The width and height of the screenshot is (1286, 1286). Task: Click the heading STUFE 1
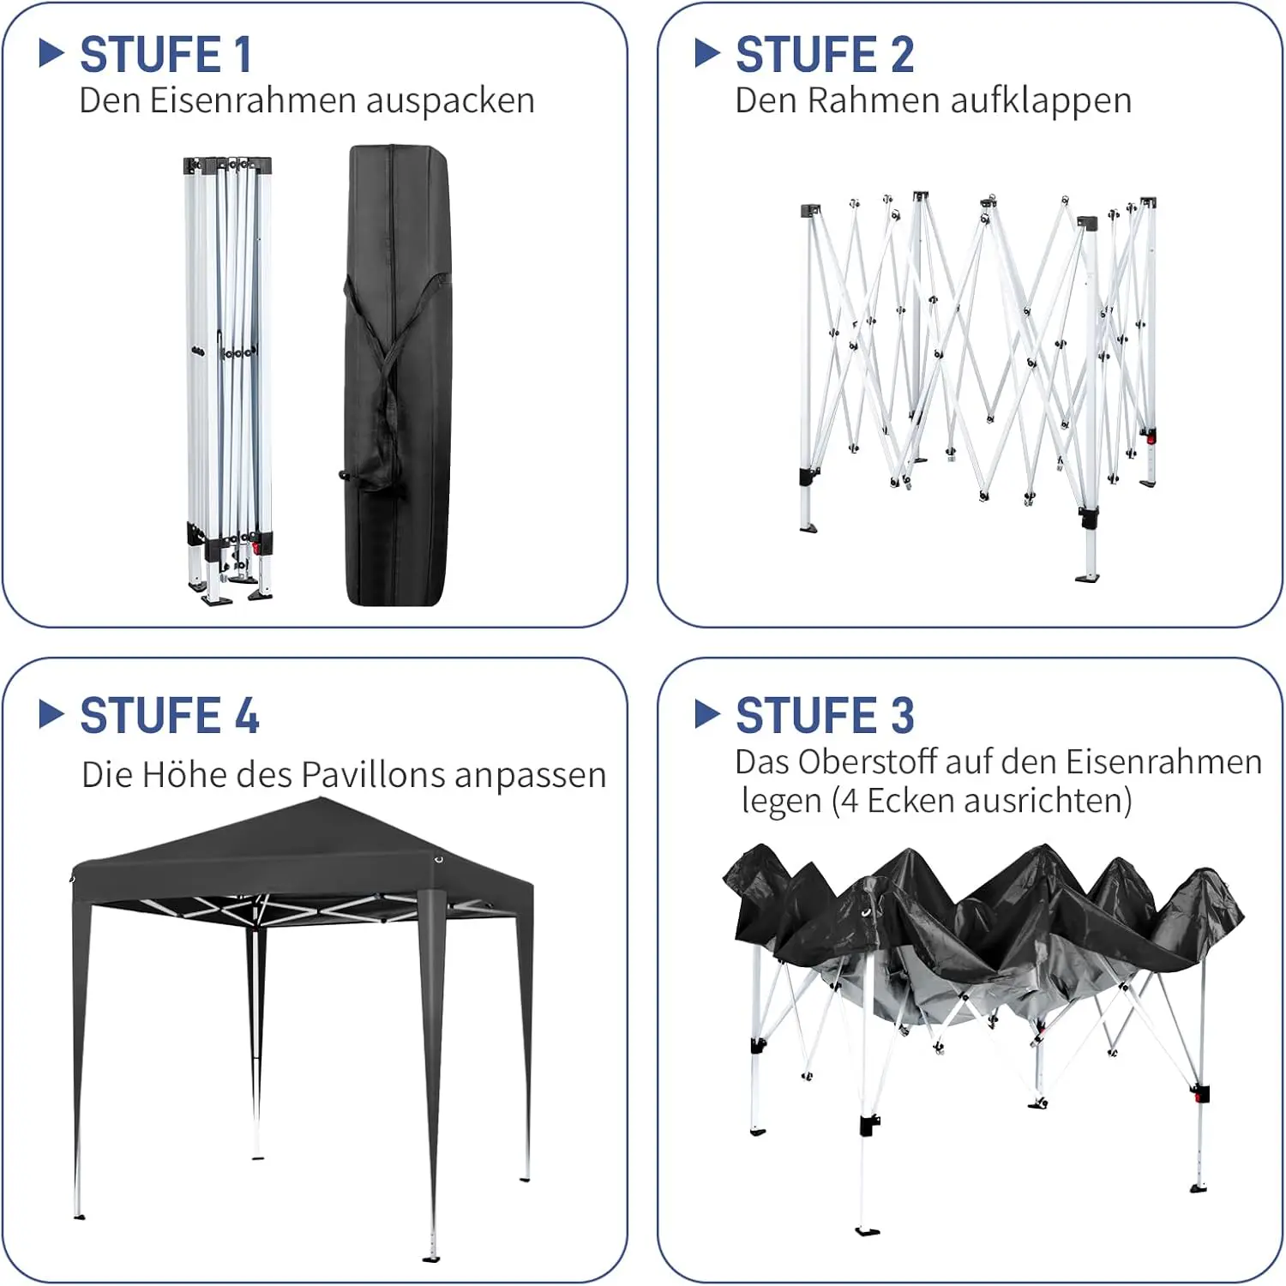(166, 55)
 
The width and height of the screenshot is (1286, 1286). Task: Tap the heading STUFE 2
(825, 55)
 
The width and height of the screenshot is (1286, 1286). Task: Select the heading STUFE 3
(825, 715)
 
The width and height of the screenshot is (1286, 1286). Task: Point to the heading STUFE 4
(170, 715)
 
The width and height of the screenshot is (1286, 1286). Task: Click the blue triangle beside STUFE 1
(51, 53)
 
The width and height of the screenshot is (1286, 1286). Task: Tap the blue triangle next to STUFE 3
(707, 714)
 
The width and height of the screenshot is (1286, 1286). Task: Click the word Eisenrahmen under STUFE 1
(253, 100)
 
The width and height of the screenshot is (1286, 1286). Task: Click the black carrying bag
(396, 376)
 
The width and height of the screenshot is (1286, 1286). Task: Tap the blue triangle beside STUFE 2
(707, 53)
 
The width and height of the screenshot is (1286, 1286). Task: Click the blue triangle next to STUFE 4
(51, 714)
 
